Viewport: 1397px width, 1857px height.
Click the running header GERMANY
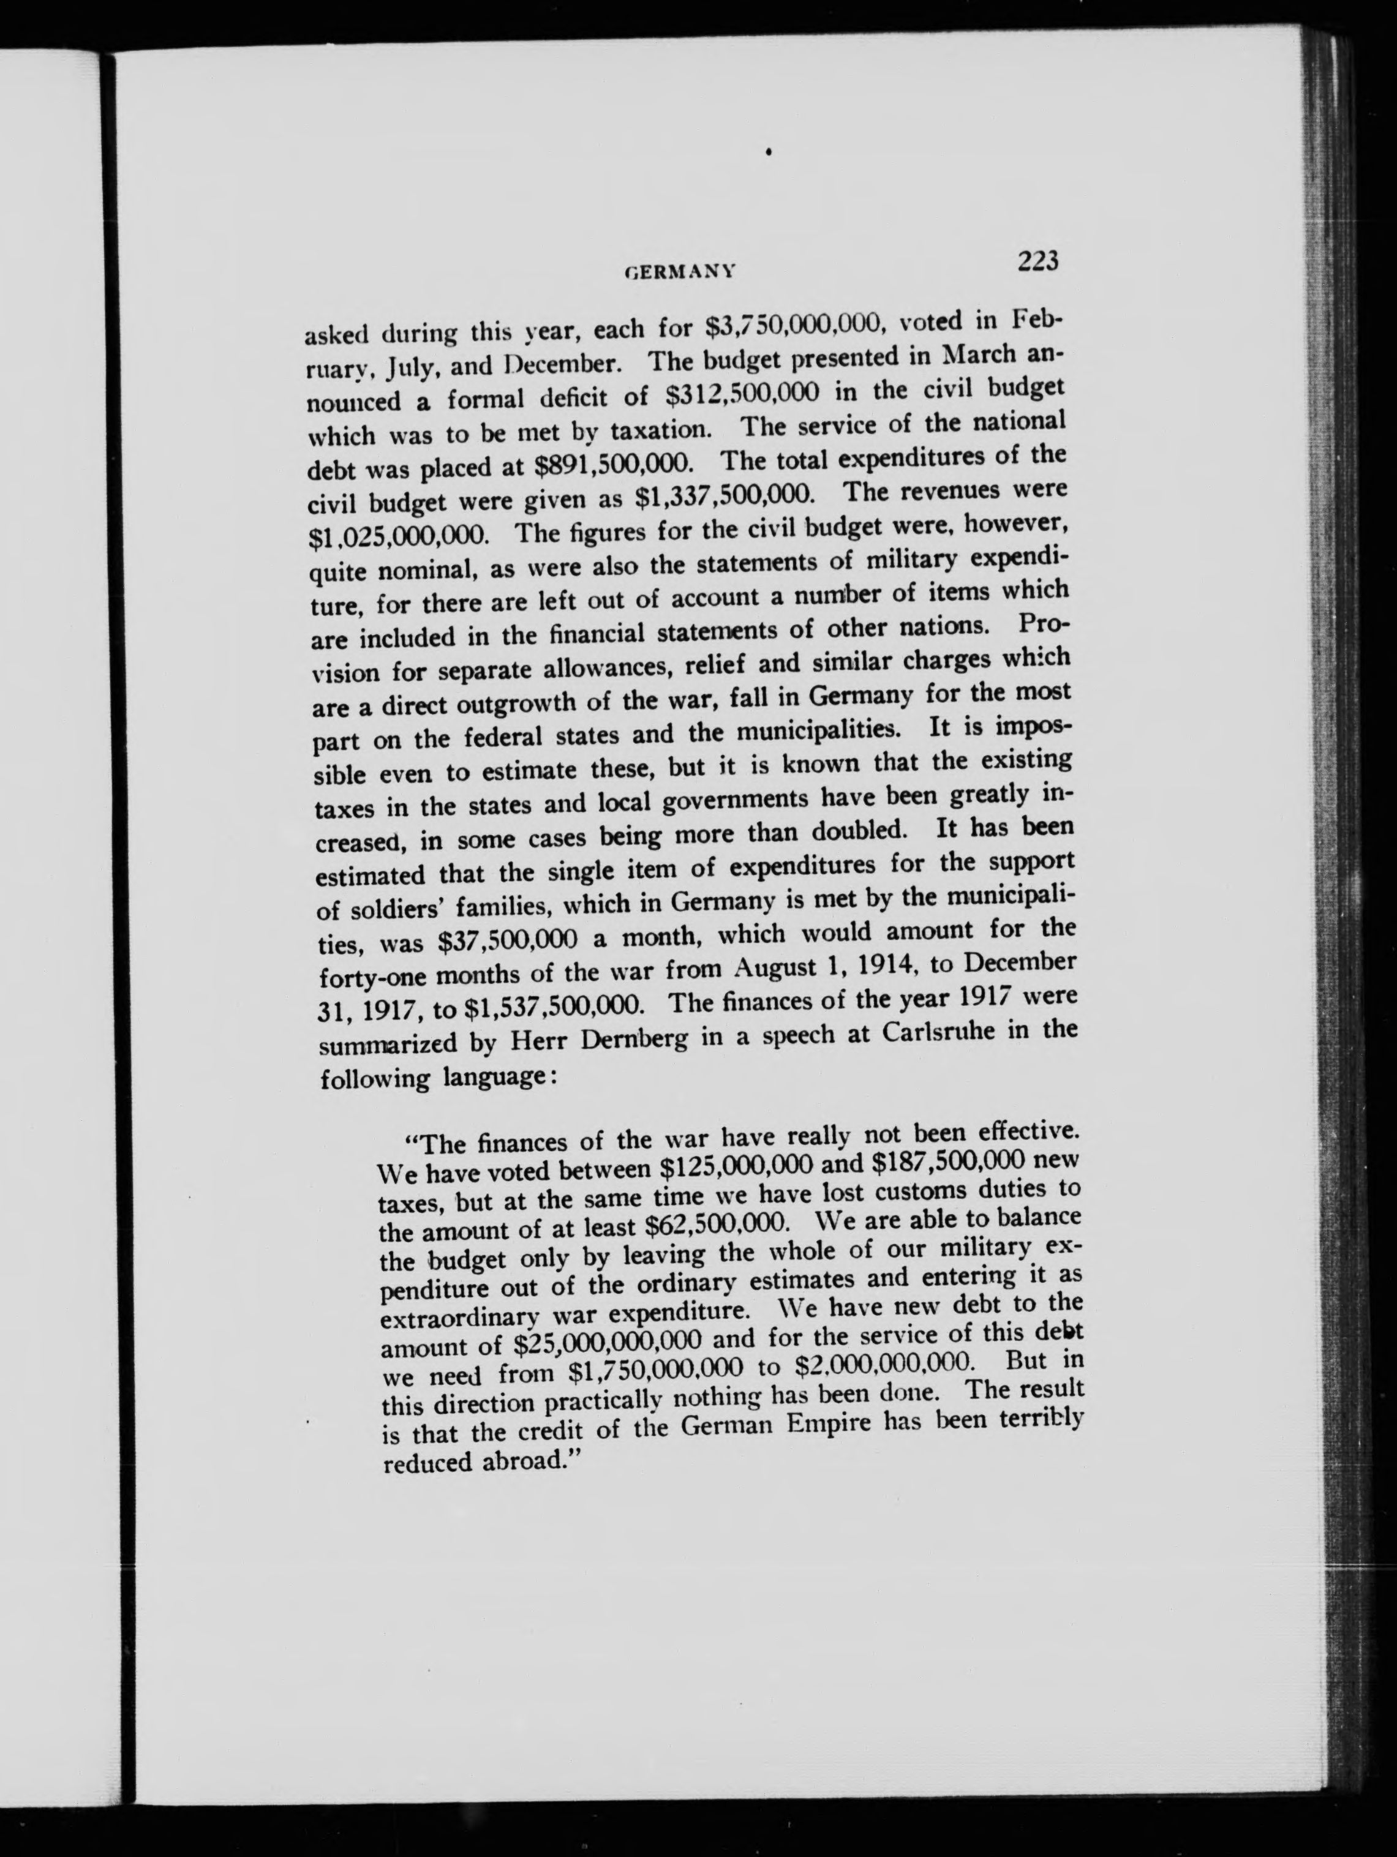coord(681,271)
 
